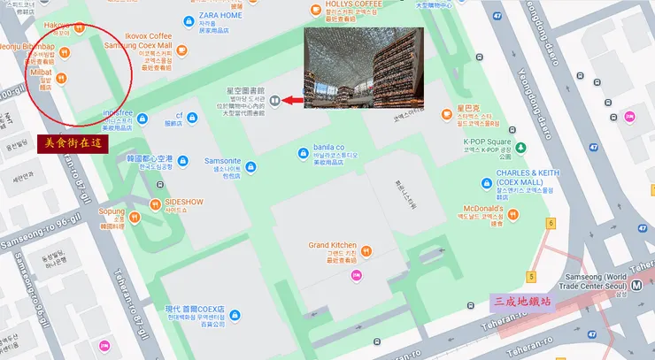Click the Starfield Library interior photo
pyautogui.click(x=363, y=68)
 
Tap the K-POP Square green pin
pyautogui.click(x=520, y=147)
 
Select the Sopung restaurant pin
pyautogui.click(x=131, y=217)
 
